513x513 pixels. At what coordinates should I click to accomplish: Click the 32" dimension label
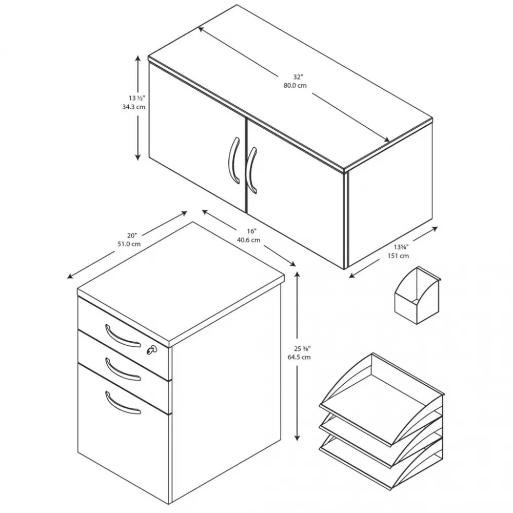tap(298, 77)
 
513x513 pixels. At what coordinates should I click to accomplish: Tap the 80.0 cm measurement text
tap(295, 86)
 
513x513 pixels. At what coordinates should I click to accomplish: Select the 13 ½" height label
tap(137, 98)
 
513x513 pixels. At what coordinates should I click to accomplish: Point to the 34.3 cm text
tap(134, 107)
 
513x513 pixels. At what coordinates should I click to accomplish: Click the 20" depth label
tap(132, 235)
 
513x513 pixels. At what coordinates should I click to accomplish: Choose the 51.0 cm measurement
tap(129, 244)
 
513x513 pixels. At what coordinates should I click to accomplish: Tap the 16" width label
tap(251, 231)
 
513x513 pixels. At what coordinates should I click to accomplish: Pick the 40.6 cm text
tap(249, 240)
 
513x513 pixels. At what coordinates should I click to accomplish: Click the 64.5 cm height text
tap(299, 357)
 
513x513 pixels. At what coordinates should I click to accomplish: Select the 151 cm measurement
tap(398, 256)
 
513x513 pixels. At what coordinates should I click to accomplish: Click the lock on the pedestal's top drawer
tap(151, 350)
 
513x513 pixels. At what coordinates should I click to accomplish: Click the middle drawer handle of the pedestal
tap(123, 370)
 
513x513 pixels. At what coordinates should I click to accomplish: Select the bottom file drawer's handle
tap(123, 403)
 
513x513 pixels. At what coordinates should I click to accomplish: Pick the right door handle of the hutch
tap(251, 171)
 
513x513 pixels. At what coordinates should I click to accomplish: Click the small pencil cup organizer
tap(417, 295)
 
